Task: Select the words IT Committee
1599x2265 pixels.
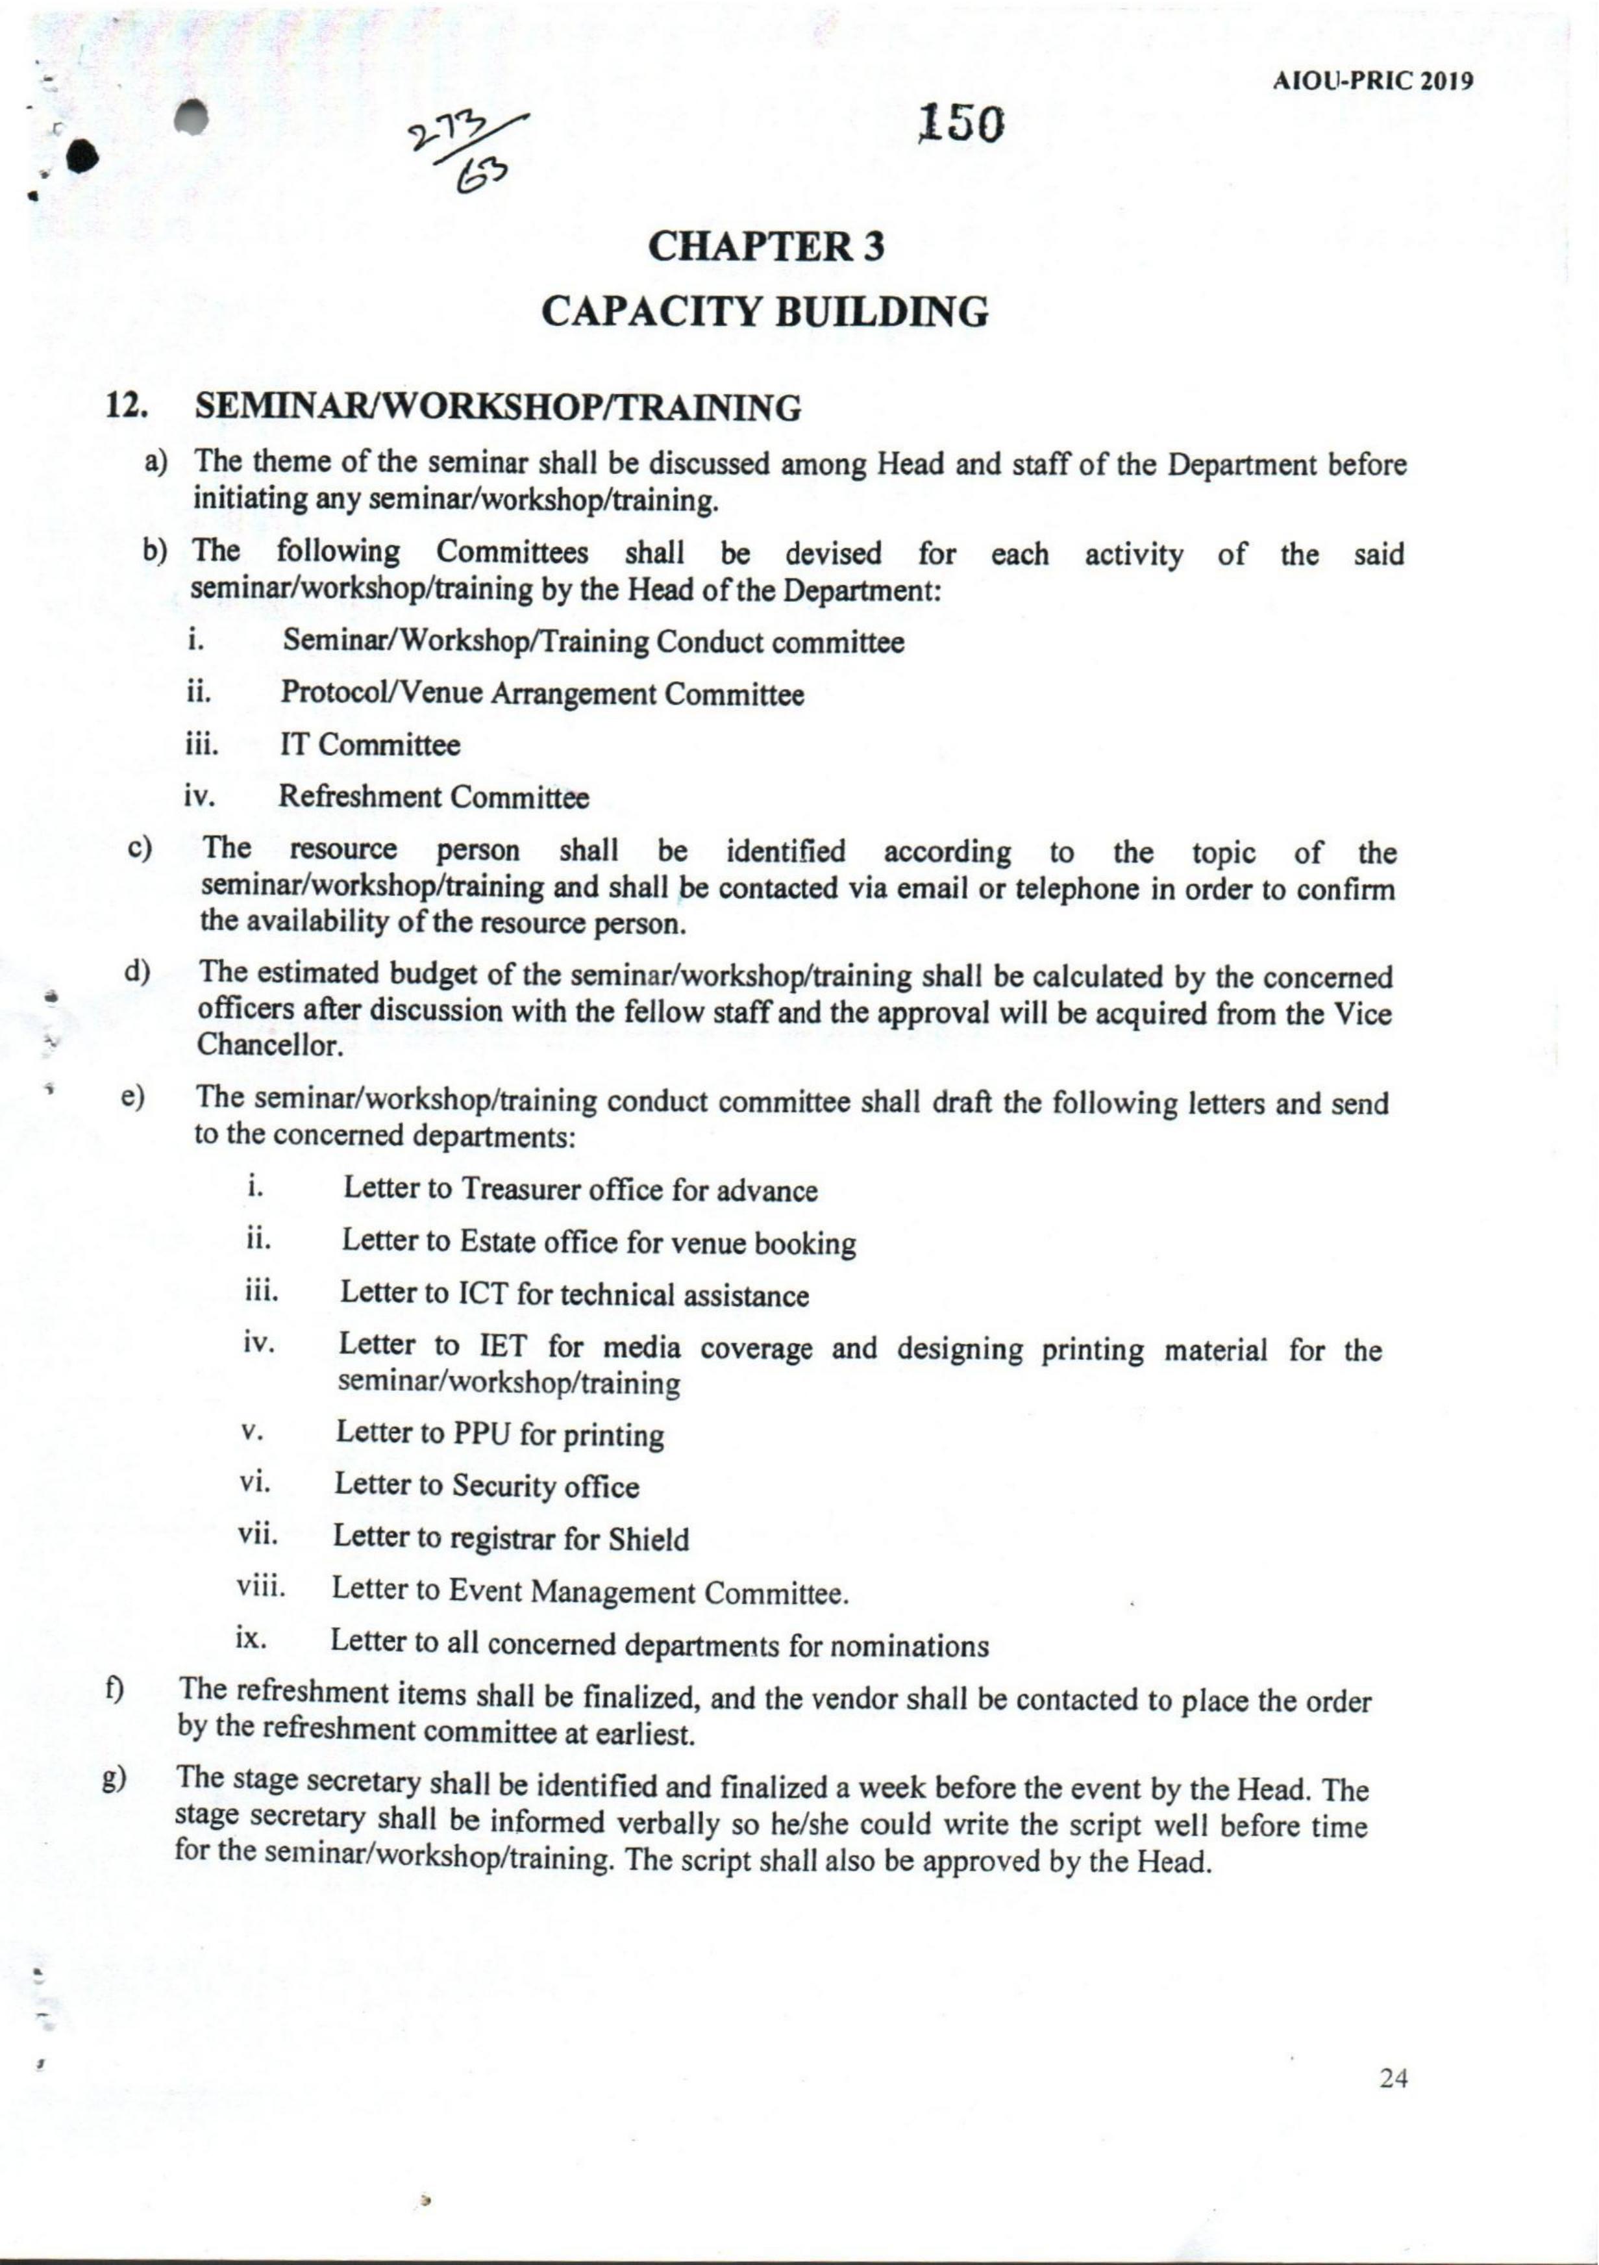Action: click(x=370, y=745)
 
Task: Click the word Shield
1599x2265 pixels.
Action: click(x=648, y=1540)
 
